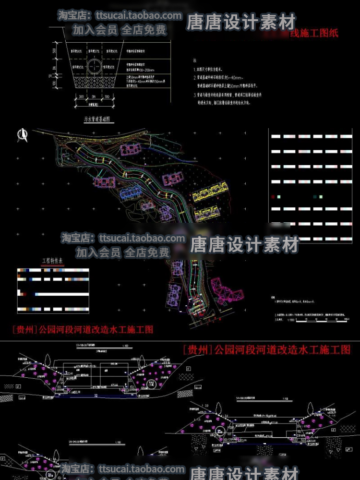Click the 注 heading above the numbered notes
195,61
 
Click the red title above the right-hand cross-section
266,349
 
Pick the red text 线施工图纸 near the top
314,34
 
